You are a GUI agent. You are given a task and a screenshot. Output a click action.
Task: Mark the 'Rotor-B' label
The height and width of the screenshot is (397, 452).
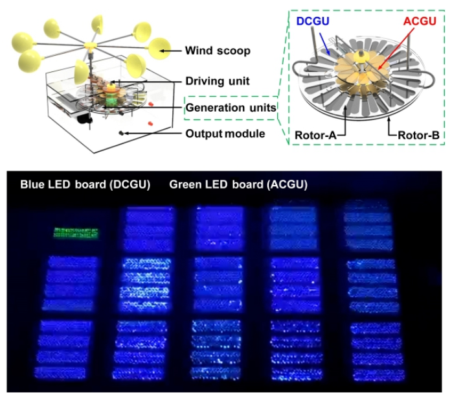[416, 135]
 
